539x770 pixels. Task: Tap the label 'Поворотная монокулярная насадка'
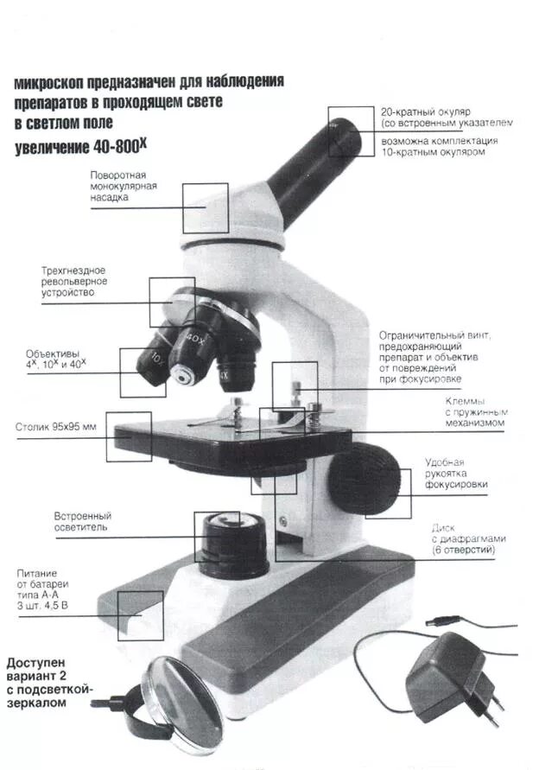pyautogui.click(x=118, y=186)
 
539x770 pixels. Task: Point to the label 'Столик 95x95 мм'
pyautogui.click(x=56, y=427)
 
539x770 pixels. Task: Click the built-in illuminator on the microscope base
pyautogui.click(x=234, y=544)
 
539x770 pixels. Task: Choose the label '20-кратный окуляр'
pyautogui.click(x=425, y=112)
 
